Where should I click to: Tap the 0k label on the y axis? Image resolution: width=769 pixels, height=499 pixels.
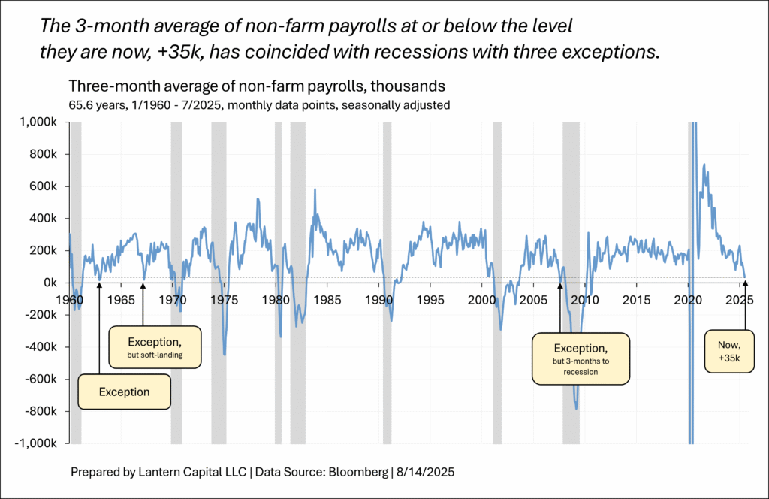click(x=50, y=283)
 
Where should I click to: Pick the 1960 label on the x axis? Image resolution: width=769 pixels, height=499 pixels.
click(x=70, y=300)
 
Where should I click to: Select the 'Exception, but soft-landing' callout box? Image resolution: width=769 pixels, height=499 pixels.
click(x=155, y=346)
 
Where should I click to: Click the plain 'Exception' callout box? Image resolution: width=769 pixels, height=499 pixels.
click(x=125, y=392)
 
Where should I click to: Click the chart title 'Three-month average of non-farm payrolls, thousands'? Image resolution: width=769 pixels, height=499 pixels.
click(x=257, y=86)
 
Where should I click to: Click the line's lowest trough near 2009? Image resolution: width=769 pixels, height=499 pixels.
click(x=576, y=408)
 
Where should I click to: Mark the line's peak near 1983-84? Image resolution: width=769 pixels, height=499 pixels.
click(x=315, y=189)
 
